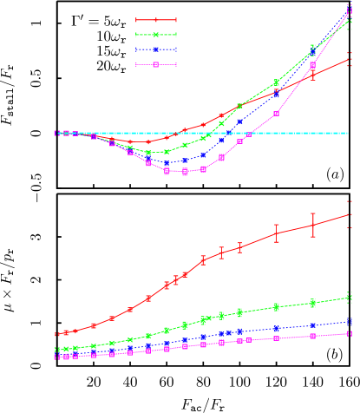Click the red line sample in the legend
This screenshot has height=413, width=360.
coord(156,20)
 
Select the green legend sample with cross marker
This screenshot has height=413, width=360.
coord(156,35)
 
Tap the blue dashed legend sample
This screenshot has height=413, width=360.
coord(156,49)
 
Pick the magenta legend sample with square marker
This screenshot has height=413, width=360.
coord(156,64)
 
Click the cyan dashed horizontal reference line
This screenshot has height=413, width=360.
coord(286,134)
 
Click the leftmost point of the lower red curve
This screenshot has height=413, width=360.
coord(57,334)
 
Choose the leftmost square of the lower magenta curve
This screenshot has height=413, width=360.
coord(57,357)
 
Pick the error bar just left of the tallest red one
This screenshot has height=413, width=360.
coord(277,233)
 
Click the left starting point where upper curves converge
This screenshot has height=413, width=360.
coord(57,134)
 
